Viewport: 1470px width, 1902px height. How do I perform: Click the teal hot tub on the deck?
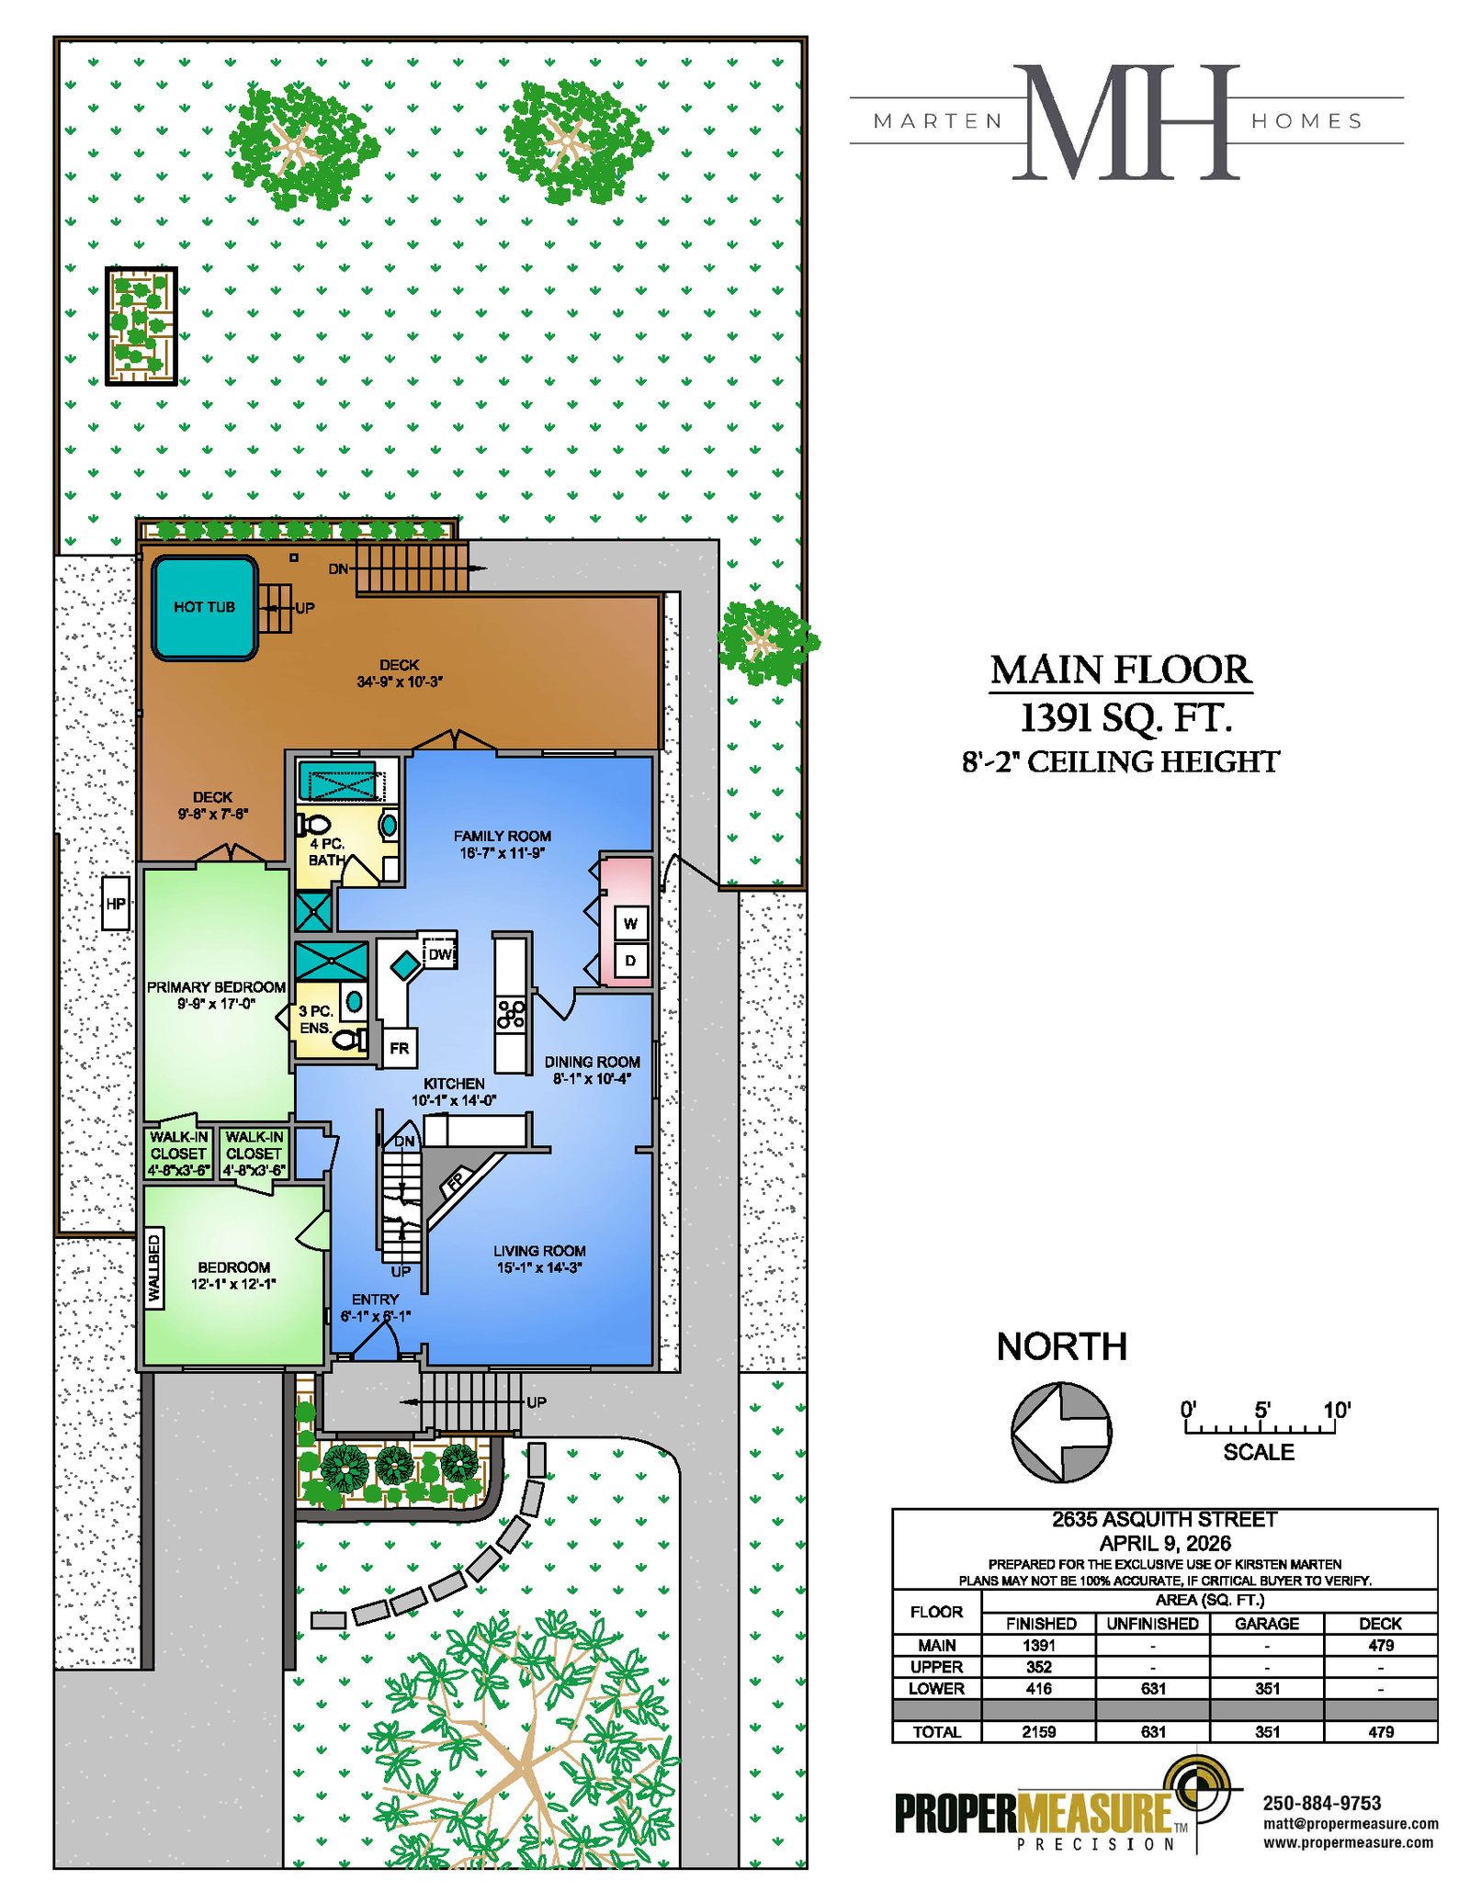pos(204,608)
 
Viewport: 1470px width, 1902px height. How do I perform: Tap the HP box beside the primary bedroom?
pos(116,903)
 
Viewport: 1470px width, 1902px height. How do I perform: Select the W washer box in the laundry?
pos(631,923)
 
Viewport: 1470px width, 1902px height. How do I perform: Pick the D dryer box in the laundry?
pos(631,961)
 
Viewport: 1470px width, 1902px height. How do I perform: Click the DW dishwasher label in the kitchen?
pos(440,953)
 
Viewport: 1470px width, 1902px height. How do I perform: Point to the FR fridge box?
pos(400,1048)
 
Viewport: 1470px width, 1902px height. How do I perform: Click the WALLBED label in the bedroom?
pos(154,1268)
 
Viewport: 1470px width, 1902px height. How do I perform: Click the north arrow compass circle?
pos(1061,1432)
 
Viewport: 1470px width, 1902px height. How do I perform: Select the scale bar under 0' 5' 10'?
pos(1260,1428)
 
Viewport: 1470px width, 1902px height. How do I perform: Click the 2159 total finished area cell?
pos(1039,1731)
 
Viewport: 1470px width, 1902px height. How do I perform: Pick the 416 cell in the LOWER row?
pos(1039,1688)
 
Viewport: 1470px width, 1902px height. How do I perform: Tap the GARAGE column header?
pos(1267,1624)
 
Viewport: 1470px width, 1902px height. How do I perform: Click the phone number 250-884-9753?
pos(1322,1803)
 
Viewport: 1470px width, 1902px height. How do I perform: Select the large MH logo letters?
pos(1126,122)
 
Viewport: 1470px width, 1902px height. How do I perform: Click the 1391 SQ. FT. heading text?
pos(1125,717)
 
